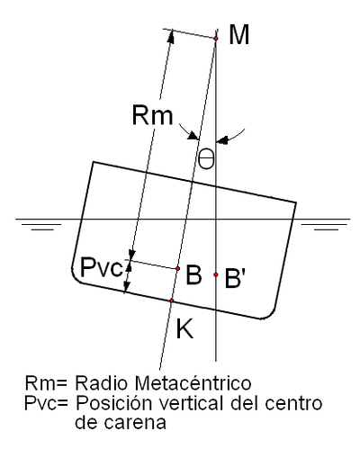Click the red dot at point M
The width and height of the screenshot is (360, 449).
coord(216,39)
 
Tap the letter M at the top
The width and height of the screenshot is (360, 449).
coord(239,35)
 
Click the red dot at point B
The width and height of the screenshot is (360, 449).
coord(178,268)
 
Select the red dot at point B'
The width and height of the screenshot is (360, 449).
coord(216,274)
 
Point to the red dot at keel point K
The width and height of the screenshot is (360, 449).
coord(172,301)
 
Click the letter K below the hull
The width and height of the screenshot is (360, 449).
coord(184,328)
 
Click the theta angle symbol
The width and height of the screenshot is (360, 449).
coord(206,158)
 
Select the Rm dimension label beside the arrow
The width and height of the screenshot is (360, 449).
coord(152,115)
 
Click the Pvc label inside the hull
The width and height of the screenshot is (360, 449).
coord(102,267)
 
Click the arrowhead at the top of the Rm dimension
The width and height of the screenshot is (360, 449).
coord(171,36)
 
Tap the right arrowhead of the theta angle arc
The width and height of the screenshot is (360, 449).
coord(222,140)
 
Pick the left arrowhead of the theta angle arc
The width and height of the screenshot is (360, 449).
coord(193,135)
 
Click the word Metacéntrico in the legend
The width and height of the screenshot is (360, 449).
coord(193,383)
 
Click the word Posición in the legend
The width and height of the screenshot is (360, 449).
coord(113,403)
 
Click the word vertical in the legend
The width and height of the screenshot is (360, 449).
coord(191,403)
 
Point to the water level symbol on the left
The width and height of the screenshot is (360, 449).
coord(41,227)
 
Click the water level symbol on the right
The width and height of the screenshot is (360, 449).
coord(325,227)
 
